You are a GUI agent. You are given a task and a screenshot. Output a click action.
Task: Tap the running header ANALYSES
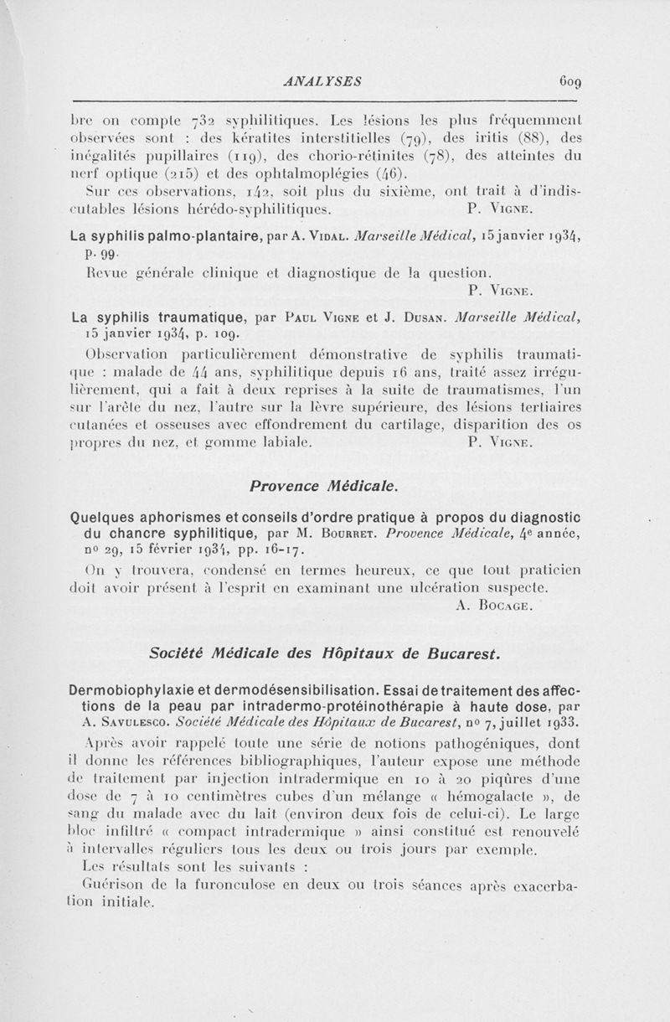[x=322, y=82]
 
